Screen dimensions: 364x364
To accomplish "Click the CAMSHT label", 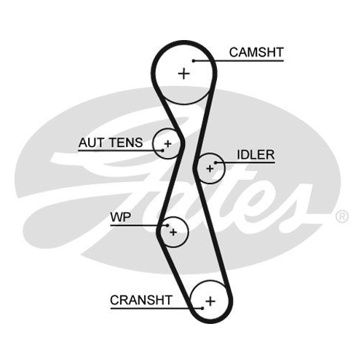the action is [x=256, y=52].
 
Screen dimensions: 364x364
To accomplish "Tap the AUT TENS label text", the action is [x=111, y=143].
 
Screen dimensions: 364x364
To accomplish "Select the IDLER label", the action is [x=256, y=154].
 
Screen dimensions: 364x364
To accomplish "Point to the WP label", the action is [x=121, y=217].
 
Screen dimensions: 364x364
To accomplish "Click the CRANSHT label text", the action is [x=141, y=300].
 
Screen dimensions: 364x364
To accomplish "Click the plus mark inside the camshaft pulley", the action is [x=183, y=74].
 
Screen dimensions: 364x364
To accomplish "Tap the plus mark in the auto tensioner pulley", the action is [x=167, y=144].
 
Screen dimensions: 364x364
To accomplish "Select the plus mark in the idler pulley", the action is [x=210, y=168].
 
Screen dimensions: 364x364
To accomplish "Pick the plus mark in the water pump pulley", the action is [x=173, y=232].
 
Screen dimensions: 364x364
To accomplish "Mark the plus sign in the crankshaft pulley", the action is [x=210, y=301].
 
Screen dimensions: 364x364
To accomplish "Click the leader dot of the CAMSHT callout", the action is [x=194, y=60].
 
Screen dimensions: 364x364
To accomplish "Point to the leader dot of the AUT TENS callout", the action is [x=162, y=151].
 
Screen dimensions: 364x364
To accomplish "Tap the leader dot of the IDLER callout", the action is [x=215, y=162].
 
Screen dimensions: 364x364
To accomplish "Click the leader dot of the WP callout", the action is [x=167, y=226].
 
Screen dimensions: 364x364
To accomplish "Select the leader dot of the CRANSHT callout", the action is [x=202, y=309].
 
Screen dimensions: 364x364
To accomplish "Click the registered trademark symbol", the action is [x=342, y=217].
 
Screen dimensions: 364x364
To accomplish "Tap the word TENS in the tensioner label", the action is [x=125, y=143].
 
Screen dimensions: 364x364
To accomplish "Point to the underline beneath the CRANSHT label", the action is [x=157, y=309].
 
